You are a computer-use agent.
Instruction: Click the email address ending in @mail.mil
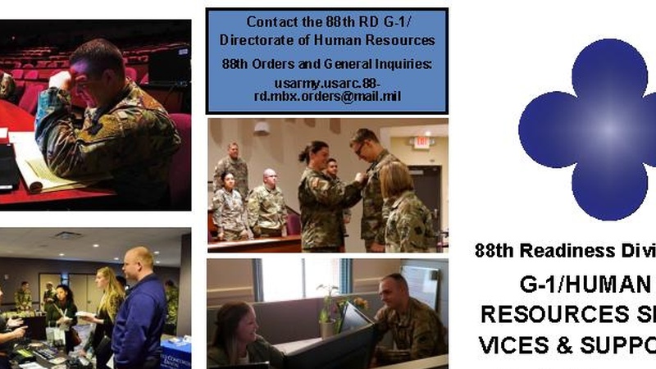click(x=326, y=89)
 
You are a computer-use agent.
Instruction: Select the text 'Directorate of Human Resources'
click(x=327, y=39)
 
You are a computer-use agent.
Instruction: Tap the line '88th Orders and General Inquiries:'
click(x=326, y=62)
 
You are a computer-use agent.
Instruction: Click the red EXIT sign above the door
click(x=421, y=141)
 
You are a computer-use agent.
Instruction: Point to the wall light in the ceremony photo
click(x=262, y=128)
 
